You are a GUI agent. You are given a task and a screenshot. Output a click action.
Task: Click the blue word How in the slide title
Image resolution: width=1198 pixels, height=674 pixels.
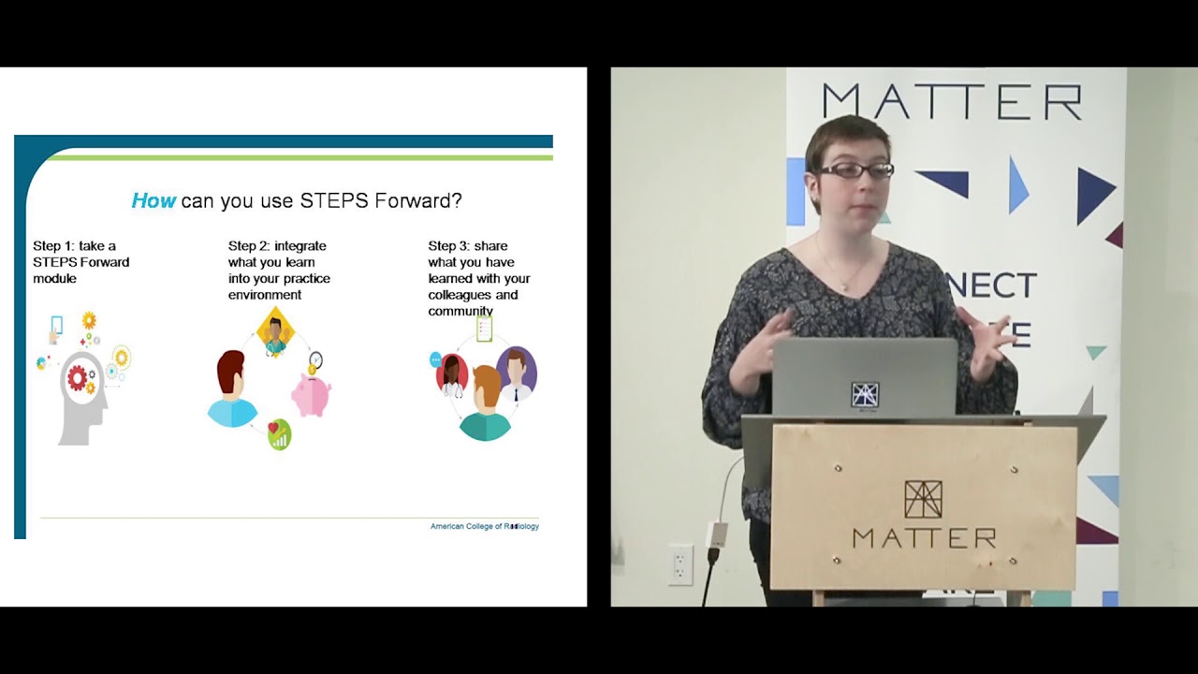(153, 200)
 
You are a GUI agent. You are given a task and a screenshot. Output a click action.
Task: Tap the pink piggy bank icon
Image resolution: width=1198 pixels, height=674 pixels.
(311, 394)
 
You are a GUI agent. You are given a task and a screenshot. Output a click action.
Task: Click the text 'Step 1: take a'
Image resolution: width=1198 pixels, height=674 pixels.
(75, 246)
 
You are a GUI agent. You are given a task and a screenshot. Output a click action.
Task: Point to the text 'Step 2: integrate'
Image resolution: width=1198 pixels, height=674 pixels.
(277, 246)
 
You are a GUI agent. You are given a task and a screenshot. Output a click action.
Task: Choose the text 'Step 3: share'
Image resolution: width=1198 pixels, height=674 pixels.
(468, 246)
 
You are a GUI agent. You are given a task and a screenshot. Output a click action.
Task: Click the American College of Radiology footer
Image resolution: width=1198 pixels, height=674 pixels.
(484, 526)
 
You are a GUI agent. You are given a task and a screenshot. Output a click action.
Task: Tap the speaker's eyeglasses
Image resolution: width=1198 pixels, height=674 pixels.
(855, 170)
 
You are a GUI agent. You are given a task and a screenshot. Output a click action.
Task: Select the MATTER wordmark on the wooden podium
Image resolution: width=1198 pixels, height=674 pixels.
(924, 538)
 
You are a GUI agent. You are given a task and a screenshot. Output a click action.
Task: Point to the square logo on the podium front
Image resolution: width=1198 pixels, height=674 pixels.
(923, 499)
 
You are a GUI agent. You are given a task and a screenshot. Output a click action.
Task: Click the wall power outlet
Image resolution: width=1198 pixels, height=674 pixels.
(680, 564)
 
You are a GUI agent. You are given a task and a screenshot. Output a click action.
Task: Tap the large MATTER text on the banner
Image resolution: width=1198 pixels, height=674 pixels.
(951, 102)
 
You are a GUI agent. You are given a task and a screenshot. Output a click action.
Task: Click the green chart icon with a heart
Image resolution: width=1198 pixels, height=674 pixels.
(279, 434)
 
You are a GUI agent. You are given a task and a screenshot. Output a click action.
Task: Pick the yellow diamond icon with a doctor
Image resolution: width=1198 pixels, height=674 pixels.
(275, 333)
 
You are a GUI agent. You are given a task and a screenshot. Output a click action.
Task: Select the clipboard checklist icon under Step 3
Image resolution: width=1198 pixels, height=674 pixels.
(484, 329)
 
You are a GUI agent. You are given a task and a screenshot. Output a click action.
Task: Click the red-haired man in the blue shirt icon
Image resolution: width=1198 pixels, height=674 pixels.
(231, 389)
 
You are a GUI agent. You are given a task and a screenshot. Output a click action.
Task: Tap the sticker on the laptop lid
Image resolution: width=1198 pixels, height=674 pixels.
(865, 394)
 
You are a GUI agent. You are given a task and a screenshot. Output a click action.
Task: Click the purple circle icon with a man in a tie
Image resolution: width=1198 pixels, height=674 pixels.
(516, 372)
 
